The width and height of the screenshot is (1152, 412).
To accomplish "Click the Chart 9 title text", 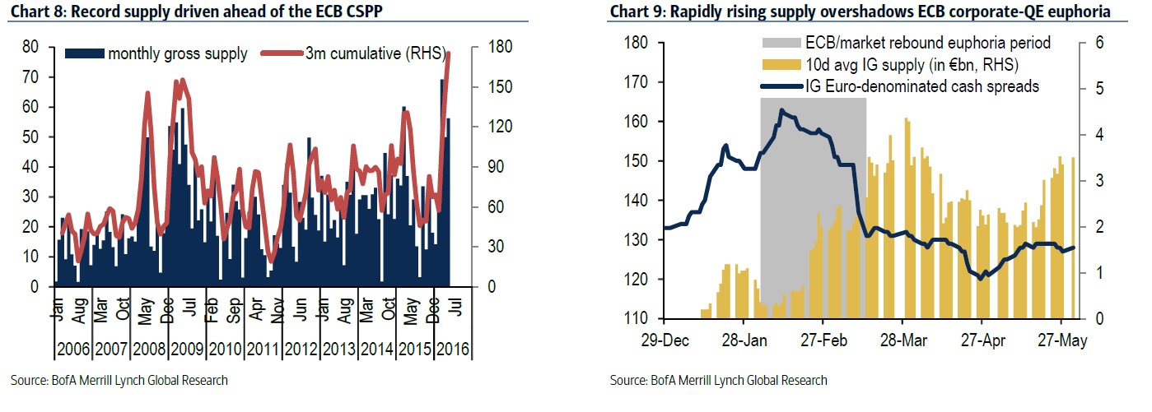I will tap(856, 12).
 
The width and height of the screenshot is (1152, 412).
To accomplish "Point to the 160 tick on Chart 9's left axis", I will tap(637, 122).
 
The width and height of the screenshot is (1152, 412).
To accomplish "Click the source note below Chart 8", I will tap(119, 380).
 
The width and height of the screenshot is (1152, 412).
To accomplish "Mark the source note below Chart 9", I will tap(719, 380).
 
